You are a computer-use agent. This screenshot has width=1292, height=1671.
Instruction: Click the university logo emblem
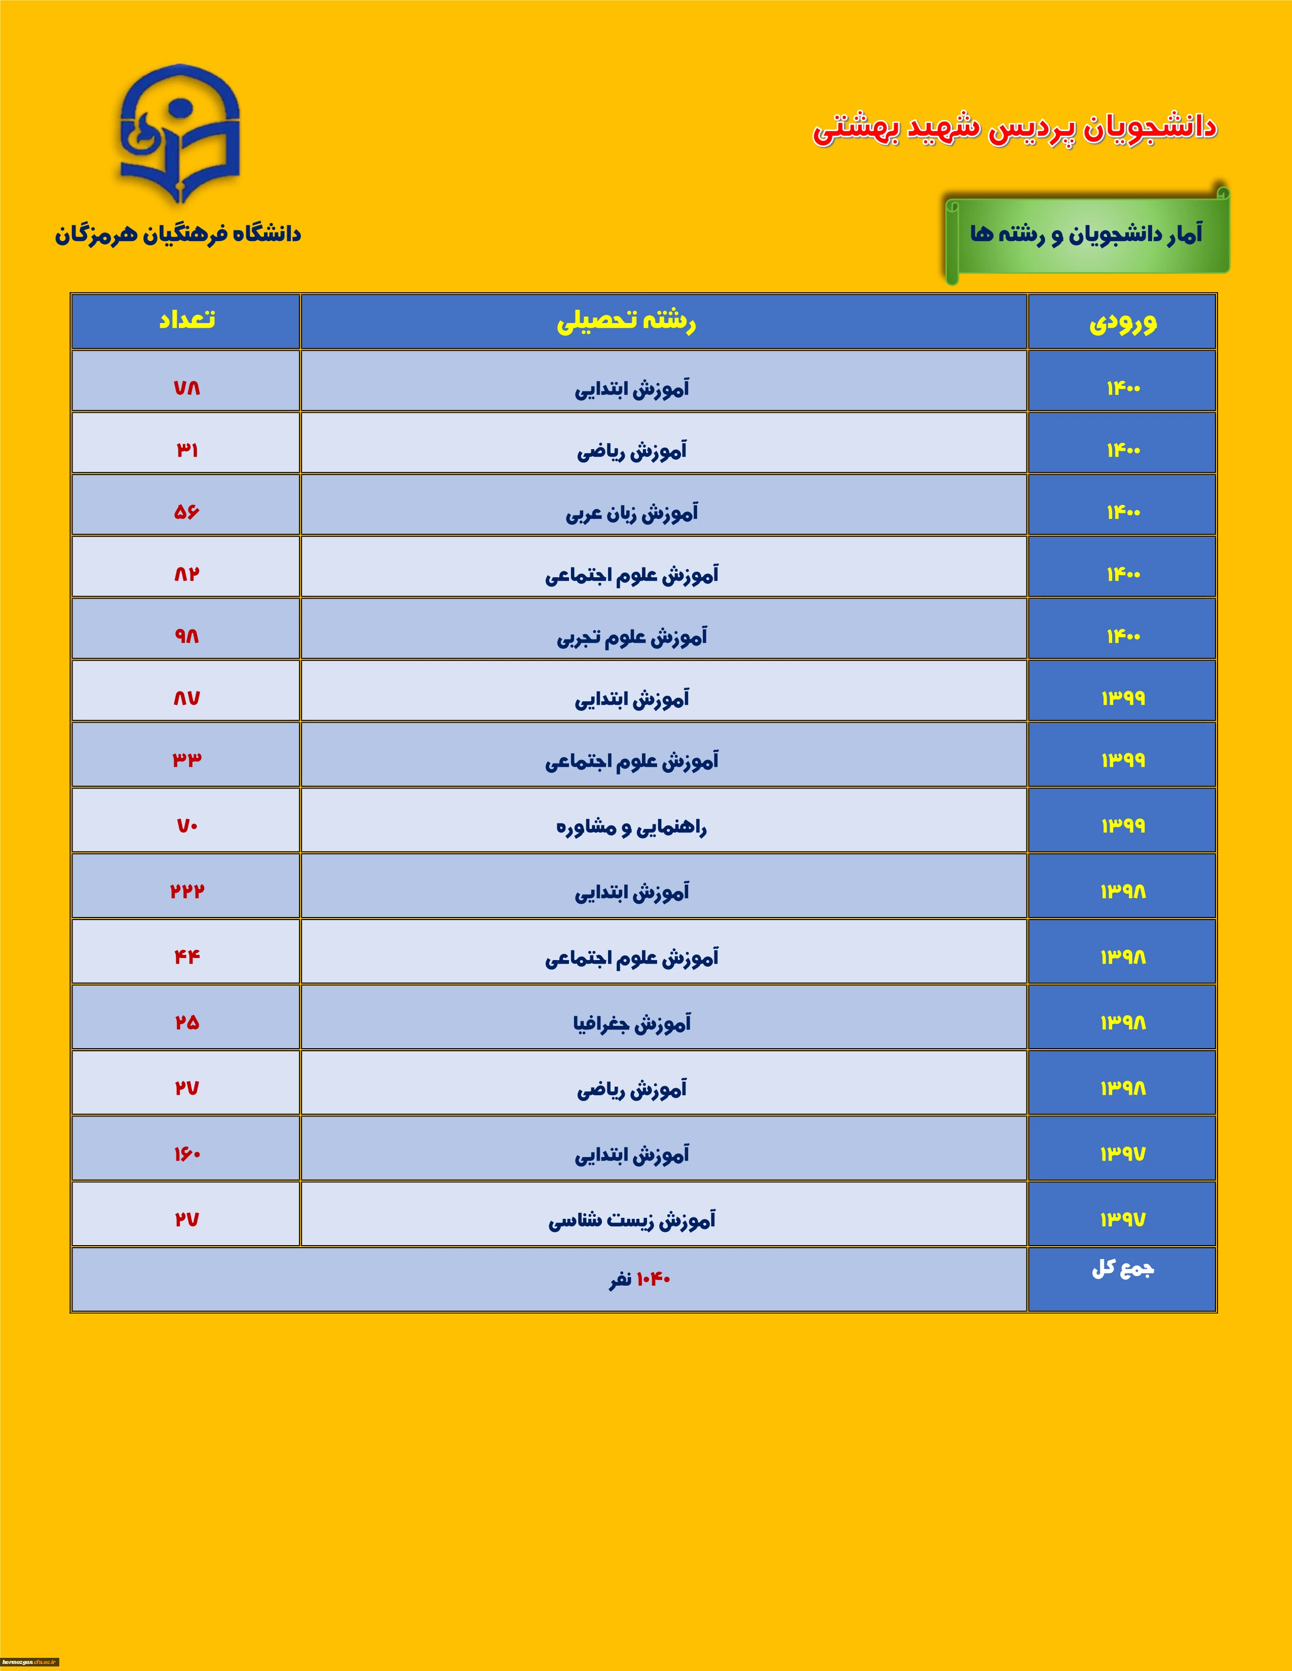click(x=180, y=134)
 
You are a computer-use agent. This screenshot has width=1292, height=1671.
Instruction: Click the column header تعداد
click(x=186, y=321)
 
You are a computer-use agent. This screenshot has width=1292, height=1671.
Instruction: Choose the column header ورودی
click(x=1122, y=322)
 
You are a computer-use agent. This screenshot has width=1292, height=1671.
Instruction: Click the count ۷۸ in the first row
click(x=186, y=388)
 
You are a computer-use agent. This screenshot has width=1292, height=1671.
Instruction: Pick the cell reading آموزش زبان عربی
click(x=632, y=512)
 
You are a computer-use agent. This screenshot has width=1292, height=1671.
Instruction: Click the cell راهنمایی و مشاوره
click(x=632, y=826)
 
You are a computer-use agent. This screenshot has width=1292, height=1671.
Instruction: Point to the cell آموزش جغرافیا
click(x=632, y=1023)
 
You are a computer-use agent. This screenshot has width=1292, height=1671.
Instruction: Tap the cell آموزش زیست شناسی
click(x=632, y=1220)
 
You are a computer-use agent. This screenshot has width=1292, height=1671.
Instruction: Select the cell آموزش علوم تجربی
click(x=632, y=636)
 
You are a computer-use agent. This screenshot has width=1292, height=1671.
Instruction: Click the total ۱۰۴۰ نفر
click(x=640, y=1279)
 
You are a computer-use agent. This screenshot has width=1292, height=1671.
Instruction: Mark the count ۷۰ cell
click(x=186, y=825)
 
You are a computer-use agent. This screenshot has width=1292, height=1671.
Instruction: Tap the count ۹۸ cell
click(x=186, y=636)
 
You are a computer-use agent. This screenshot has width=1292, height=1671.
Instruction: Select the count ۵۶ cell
click(x=186, y=512)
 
